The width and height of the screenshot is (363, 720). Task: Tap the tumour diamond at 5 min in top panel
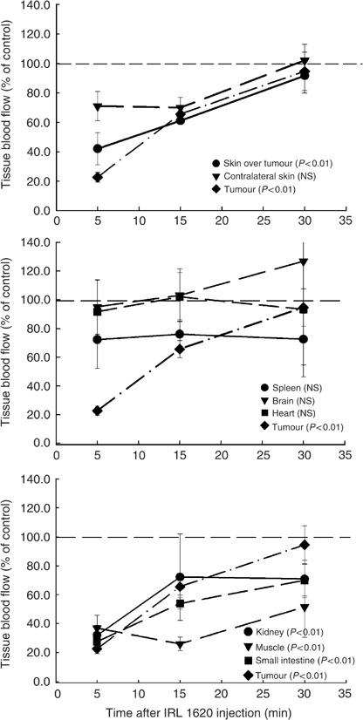coord(98,178)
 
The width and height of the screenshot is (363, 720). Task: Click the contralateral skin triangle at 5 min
coord(98,106)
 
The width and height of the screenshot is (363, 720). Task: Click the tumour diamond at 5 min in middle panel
coord(98,411)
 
